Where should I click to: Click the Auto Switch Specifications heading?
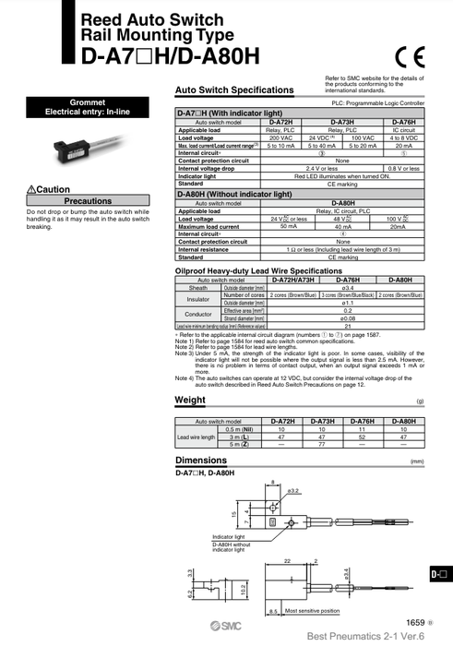click(234, 90)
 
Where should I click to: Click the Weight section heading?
click(190, 400)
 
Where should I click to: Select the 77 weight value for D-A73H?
click(323, 444)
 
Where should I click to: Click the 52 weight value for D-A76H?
click(362, 437)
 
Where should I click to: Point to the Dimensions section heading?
click(201, 460)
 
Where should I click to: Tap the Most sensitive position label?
click(312, 611)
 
